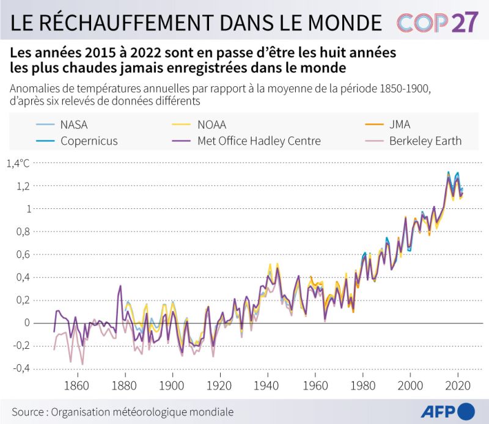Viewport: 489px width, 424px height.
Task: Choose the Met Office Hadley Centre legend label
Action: (259, 141)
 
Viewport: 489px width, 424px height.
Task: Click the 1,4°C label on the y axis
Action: (18, 163)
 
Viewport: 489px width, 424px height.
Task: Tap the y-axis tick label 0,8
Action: (23, 232)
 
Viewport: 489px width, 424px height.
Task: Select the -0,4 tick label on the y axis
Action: (21, 368)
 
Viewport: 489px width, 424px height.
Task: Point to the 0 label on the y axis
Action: (27, 323)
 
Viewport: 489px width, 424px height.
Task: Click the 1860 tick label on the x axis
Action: (76, 386)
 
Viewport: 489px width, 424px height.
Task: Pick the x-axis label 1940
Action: (266, 386)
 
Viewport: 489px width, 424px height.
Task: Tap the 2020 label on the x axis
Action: (457, 386)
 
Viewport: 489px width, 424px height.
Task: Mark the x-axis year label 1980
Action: (362, 386)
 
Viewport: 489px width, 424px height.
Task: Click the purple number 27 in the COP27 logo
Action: (465, 23)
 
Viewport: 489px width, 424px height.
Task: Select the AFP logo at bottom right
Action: (448, 412)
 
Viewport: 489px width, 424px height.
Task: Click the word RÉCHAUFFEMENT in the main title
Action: (130, 22)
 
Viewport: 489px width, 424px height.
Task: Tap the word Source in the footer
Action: (28, 412)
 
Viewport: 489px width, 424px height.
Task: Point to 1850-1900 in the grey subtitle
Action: (405, 89)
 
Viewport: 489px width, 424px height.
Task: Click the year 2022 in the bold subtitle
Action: (145, 53)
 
